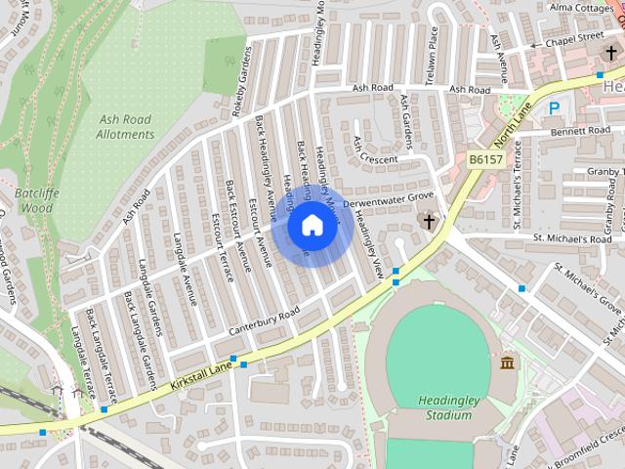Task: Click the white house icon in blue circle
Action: (312, 226)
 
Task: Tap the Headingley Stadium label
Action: (444, 407)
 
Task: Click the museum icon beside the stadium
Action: (507, 364)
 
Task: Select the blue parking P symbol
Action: (555, 109)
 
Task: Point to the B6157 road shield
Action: (485, 158)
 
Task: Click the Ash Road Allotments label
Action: (126, 127)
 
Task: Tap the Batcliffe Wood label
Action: (38, 200)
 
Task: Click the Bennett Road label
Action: (579, 130)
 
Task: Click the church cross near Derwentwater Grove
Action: (428, 221)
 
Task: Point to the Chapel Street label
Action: (574, 36)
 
